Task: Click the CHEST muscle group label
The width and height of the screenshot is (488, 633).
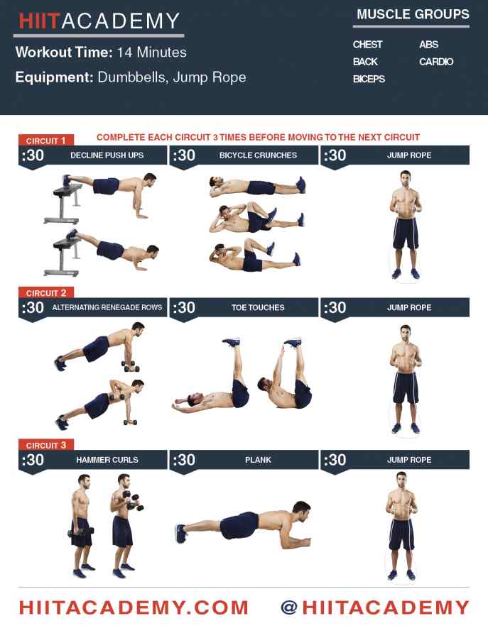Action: point(367,45)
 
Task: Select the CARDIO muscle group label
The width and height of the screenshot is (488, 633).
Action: point(436,62)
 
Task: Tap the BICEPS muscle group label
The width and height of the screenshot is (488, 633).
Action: point(369,79)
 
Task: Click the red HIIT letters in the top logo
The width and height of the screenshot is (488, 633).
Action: point(40,21)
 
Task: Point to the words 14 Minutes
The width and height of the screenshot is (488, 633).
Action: point(151,52)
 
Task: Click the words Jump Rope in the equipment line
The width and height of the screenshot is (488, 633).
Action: point(210,77)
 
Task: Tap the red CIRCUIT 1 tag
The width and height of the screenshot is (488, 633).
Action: point(45,141)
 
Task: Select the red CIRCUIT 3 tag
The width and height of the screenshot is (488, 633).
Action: point(45,445)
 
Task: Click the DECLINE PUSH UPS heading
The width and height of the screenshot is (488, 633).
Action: point(107,155)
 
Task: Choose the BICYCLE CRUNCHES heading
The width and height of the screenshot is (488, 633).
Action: point(258,155)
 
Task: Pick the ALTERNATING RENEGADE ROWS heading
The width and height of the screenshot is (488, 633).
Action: point(107,307)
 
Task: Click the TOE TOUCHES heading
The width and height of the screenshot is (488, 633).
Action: point(258,307)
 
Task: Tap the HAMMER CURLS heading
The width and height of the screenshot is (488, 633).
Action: point(107,459)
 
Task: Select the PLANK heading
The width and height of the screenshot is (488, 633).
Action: point(258,459)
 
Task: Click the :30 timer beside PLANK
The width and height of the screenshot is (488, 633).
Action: point(184,459)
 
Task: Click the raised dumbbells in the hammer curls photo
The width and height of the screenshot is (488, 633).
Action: point(133,500)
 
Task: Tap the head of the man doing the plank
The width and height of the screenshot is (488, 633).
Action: point(301,511)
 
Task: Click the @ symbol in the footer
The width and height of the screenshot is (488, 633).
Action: point(289,607)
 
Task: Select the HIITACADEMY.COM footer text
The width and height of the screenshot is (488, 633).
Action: point(134,607)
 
